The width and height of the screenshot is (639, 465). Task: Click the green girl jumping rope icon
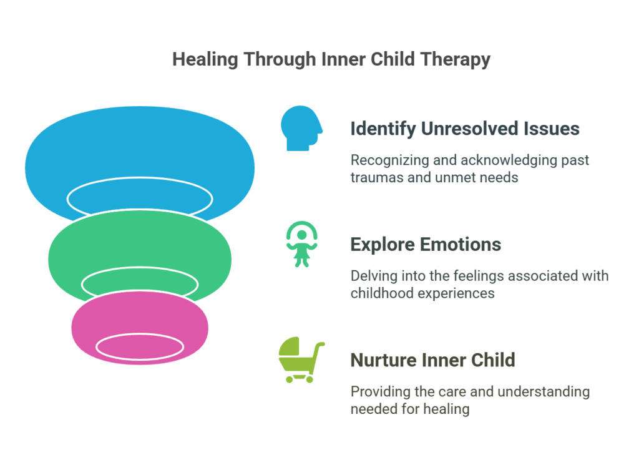pos(301,244)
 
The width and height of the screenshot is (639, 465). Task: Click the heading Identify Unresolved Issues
pos(464,129)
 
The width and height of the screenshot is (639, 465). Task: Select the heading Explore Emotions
pos(426,244)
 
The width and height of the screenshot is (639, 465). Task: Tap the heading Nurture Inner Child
pos(432,360)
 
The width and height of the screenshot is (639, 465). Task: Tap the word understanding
pos(540,392)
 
